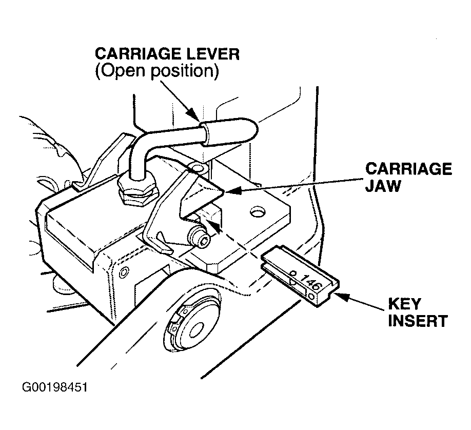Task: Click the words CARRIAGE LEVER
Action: (167, 54)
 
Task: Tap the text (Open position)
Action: (157, 71)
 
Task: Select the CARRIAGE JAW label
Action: (408, 178)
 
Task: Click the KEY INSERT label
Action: (418, 312)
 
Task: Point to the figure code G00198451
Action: (55, 387)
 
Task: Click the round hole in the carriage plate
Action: (258, 212)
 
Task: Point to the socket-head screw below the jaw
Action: (199, 236)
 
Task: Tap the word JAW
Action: (383, 186)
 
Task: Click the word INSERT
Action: (418, 320)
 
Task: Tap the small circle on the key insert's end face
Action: (312, 297)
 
